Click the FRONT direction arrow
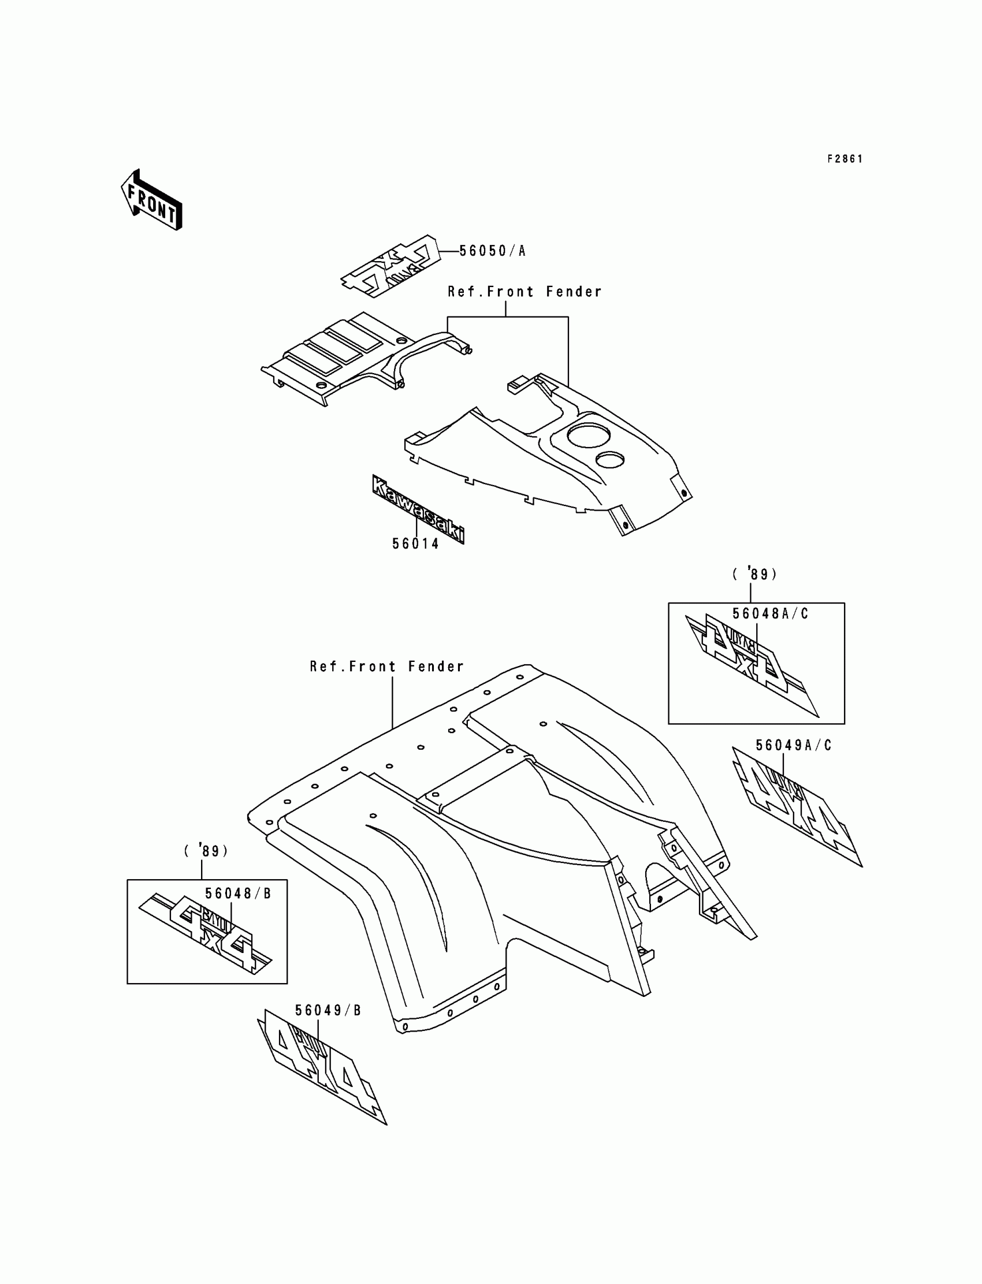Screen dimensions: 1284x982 click(151, 200)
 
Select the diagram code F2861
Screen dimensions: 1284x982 click(845, 159)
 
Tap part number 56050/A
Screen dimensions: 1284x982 click(492, 251)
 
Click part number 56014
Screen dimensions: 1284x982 click(415, 544)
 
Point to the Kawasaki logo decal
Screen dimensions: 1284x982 click(418, 509)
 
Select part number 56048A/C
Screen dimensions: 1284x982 click(770, 613)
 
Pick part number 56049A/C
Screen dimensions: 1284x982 click(793, 746)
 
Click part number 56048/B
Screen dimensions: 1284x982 click(238, 894)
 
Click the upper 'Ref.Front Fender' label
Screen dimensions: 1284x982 click(525, 292)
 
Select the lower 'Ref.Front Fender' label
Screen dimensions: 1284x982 click(386, 667)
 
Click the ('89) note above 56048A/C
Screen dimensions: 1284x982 click(754, 575)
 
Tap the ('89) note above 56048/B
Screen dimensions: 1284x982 click(206, 851)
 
